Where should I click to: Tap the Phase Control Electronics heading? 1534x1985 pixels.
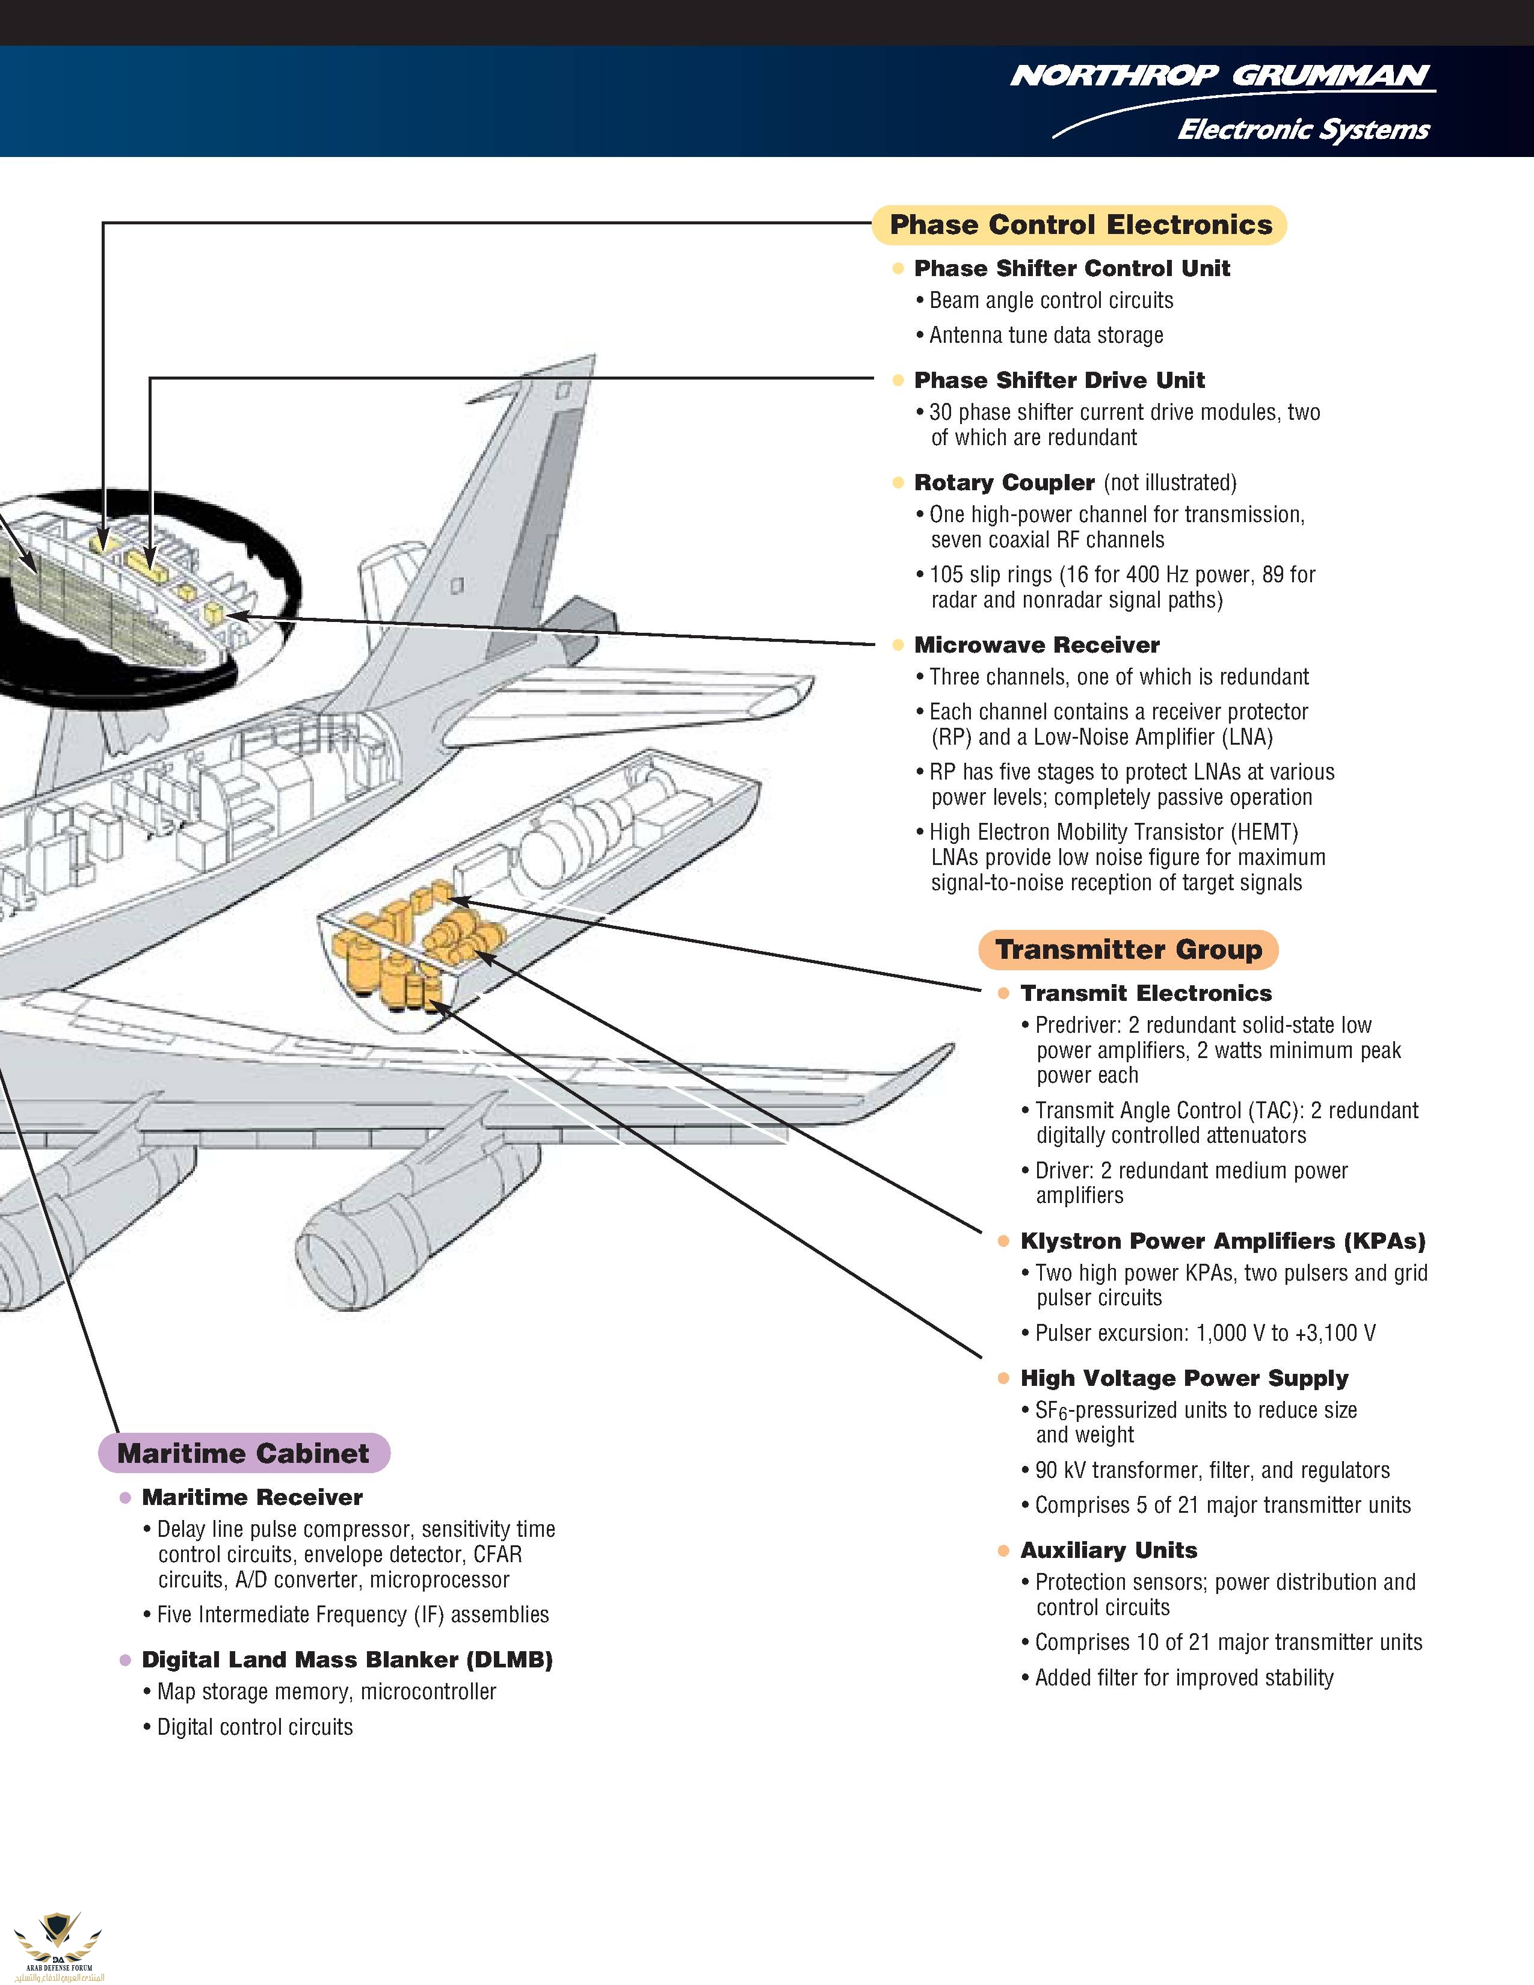click(1080, 224)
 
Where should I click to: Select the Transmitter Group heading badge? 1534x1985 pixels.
click(1128, 950)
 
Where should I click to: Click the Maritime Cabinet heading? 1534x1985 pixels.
click(244, 1453)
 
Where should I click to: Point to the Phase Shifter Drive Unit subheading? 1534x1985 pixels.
click(1059, 380)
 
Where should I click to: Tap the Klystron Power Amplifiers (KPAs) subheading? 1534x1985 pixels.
click(1222, 1242)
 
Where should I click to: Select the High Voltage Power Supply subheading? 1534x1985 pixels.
click(1183, 1379)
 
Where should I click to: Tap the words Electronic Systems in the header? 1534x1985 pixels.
click(1302, 130)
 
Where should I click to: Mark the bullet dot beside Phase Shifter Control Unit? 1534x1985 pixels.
click(899, 269)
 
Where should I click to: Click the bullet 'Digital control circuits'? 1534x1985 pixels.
click(254, 1727)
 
